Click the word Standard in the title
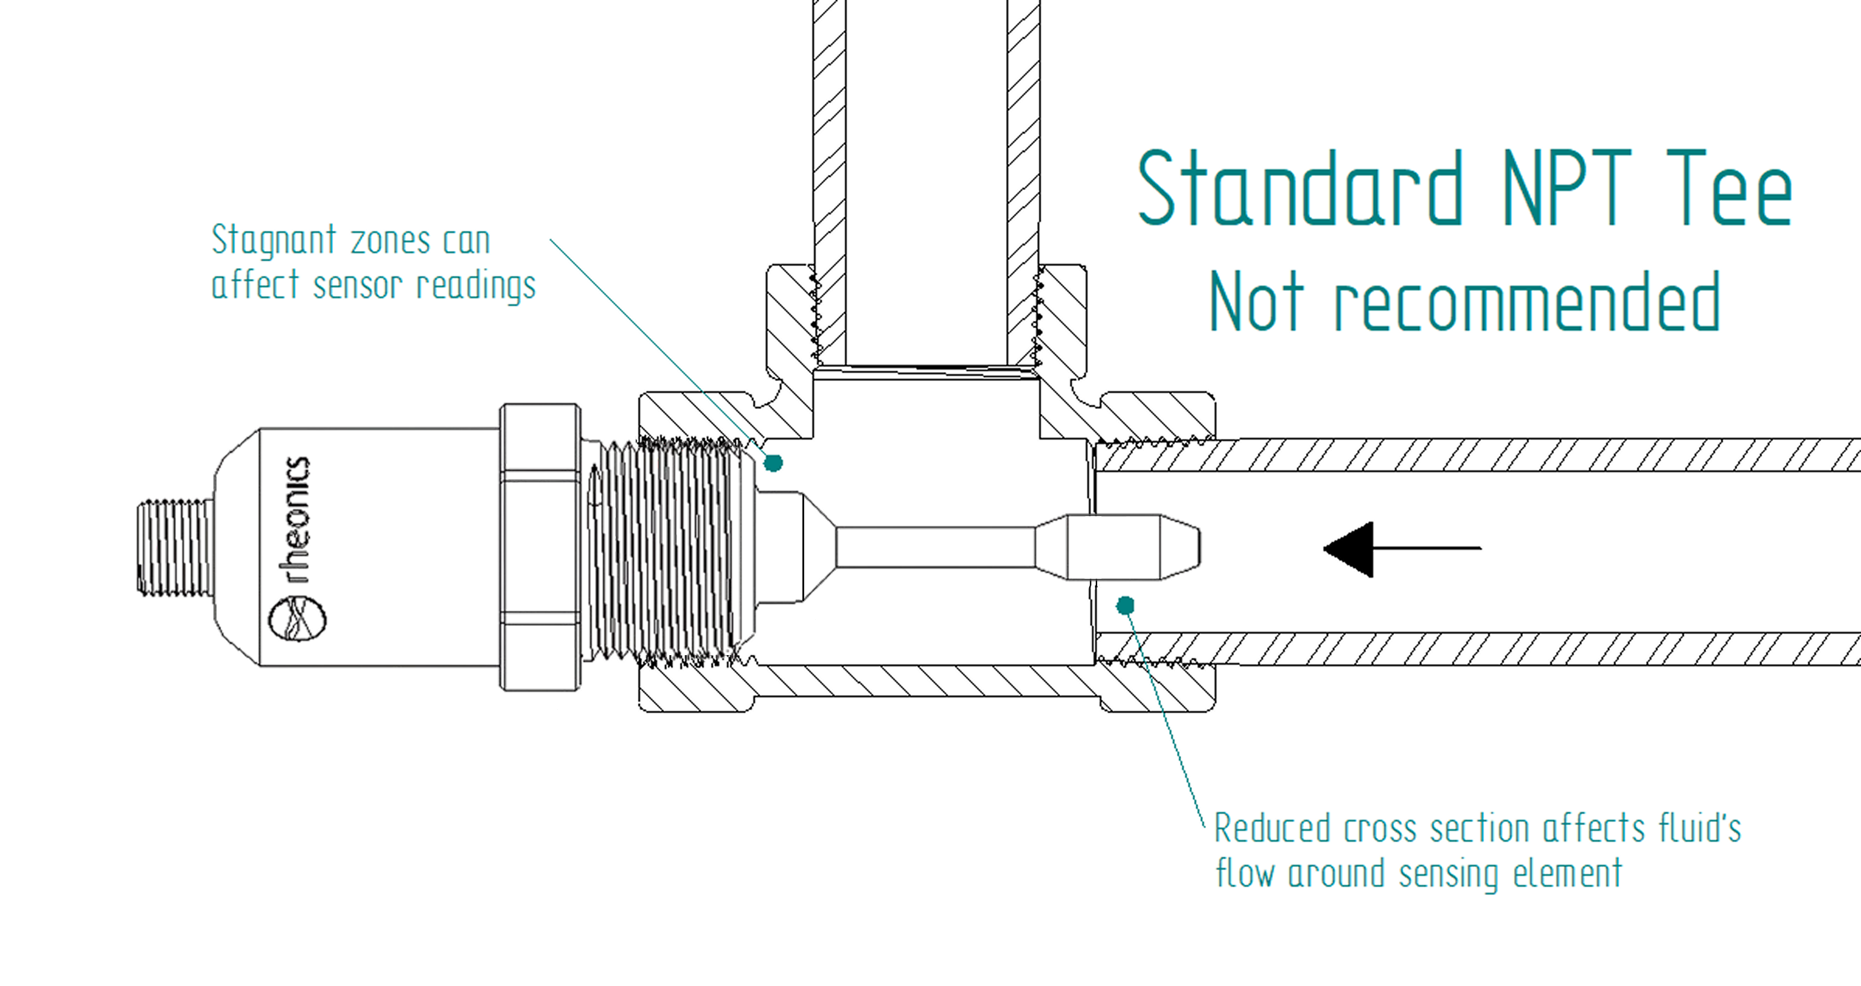point(1300,189)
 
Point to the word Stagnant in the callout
point(274,241)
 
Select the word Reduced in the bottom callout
point(1271,828)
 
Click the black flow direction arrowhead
point(1350,549)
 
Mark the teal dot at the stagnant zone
point(774,462)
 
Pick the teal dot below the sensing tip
point(1125,605)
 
